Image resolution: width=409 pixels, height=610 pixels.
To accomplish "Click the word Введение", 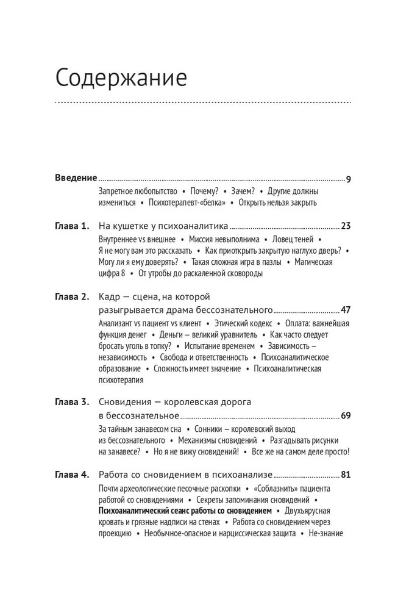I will point(76,178).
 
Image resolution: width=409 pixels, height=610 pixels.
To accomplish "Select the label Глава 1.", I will point(72,226).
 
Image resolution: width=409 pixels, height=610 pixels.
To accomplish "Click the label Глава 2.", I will point(72,297).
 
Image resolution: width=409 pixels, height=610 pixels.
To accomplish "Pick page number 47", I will point(346,310).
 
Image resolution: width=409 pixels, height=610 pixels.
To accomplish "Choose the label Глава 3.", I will point(72,403).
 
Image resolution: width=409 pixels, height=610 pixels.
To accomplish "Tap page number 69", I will point(346,416).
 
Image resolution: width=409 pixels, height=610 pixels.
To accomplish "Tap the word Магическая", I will point(329,262).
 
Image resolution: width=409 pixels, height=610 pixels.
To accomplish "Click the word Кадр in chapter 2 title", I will point(110,297).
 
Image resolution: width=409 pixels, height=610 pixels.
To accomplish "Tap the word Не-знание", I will point(326,534).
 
